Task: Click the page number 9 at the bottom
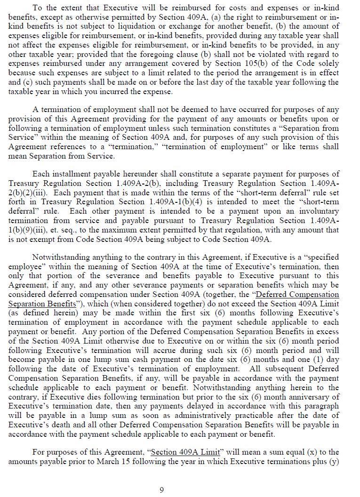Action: [161, 490]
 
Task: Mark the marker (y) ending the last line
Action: [334, 461]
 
